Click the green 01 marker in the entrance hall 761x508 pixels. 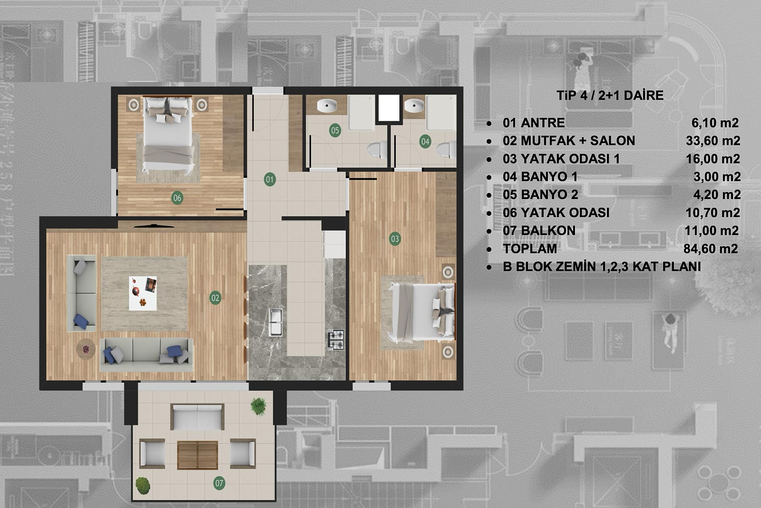(270, 180)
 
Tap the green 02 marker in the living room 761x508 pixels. (215, 298)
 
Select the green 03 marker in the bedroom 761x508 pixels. (395, 239)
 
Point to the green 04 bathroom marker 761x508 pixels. (425, 142)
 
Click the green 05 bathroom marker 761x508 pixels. (335, 130)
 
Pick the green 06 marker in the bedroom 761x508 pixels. (177, 198)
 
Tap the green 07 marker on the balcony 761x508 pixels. (219, 483)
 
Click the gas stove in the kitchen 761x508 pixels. (336, 339)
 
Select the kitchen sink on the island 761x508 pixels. (275, 322)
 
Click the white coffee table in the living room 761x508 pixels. (143, 294)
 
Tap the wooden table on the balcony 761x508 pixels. (197, 455)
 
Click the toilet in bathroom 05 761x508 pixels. (377, 149)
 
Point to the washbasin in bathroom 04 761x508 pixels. (414, 105)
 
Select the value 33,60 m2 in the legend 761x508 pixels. (713, 141)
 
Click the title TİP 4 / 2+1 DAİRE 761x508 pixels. (610, 96)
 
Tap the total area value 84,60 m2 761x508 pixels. (711, 249)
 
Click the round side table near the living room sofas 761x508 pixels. (86, 349)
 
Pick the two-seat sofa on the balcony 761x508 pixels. (197, 417)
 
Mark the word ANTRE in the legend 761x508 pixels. (543, 123)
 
